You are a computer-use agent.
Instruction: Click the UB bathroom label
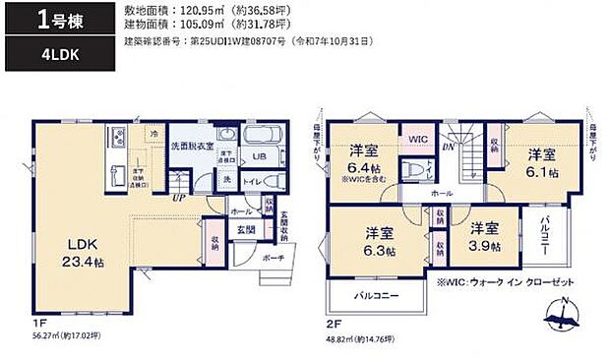(261, 156)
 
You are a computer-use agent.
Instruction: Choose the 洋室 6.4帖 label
(366, 159)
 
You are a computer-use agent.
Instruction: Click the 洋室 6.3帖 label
(380, 242)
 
